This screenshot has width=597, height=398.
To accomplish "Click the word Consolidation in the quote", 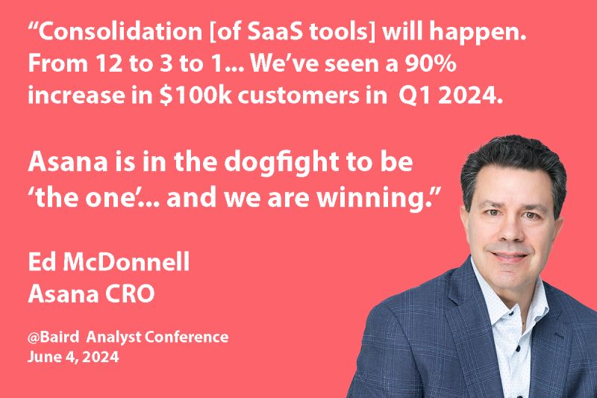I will point(111,34).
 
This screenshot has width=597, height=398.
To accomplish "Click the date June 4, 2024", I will point(73,357).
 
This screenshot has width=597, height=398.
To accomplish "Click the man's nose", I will point(510,230).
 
